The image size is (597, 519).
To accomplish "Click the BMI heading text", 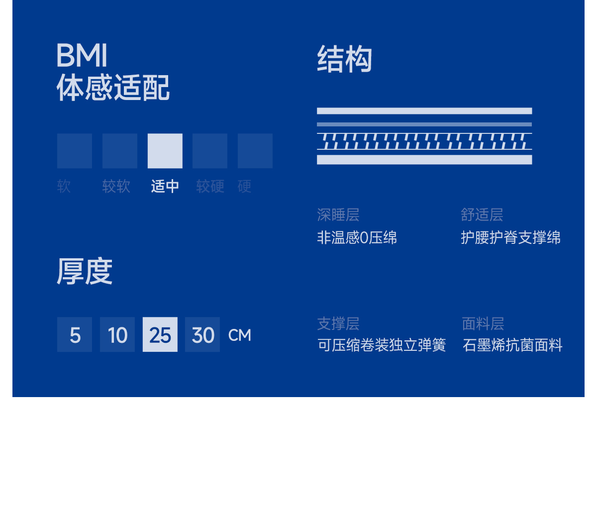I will point(82,55).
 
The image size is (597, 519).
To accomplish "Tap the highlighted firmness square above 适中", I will point(165,151).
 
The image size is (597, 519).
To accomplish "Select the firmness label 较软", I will point(116,187).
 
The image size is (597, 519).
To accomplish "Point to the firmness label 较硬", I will point(210,187).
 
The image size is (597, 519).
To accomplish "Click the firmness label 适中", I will point(165,187).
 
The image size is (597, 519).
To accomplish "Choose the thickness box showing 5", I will point(75,335).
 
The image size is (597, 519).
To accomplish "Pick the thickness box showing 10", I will point(117,335).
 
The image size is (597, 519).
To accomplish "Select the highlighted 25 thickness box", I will point(160,335).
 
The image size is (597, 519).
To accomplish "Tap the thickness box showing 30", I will point(202,335).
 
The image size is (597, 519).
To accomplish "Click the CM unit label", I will point(239,335).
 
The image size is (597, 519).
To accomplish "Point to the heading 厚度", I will point(85,272).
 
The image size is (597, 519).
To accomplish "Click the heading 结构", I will point(344,59).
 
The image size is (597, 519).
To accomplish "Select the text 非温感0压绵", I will point(357,238).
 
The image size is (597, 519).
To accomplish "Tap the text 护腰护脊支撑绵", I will point(510,238).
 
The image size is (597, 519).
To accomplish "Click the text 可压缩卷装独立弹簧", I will point(382,345).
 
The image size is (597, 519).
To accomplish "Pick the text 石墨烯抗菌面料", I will point(512,345).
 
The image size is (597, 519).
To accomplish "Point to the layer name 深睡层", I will point(338,215).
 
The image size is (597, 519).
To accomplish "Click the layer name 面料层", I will point(483,324).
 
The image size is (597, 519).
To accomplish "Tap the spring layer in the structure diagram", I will point(424,141).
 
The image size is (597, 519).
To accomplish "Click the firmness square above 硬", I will point(255,151).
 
